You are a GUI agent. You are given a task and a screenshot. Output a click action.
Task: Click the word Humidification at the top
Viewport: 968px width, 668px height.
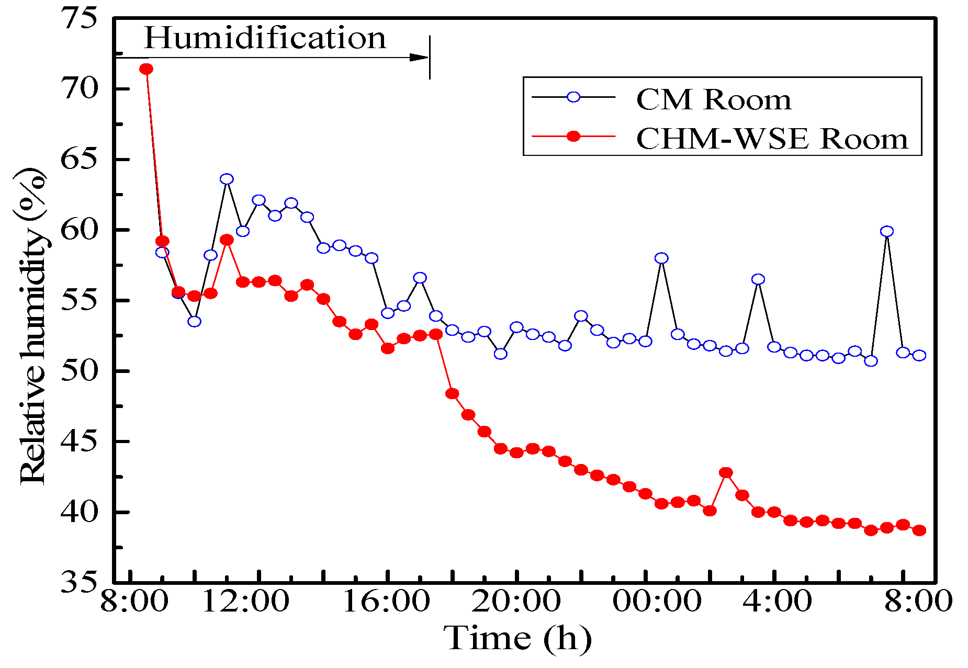point(265,39)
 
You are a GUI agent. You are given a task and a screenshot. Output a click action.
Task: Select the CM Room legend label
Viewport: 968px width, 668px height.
point(714,99)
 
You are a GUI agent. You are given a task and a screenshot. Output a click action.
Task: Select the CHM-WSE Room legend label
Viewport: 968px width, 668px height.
point(772,139)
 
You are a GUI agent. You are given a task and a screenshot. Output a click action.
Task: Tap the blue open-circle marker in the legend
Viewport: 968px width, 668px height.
point(573,97)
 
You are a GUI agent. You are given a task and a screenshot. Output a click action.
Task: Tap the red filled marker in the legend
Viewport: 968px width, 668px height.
point(573,136)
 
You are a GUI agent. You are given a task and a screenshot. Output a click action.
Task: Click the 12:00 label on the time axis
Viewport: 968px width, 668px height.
point(245,602)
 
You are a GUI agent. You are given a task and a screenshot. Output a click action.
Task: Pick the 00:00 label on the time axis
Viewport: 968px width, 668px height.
point(657,602)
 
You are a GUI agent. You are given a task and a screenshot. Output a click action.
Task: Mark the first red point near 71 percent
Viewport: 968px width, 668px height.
point(147,69)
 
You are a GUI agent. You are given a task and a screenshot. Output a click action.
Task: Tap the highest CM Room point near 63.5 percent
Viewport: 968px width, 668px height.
point(227,179)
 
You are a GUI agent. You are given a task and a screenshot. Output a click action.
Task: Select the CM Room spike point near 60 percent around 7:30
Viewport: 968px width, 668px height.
point(886,231)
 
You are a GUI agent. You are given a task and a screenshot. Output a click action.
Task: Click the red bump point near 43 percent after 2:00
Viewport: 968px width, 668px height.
point(726,473)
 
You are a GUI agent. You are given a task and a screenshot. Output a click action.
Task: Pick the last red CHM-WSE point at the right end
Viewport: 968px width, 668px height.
point(919,530)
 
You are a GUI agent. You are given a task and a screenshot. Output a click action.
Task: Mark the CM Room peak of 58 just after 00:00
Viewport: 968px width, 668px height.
point(661,258)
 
